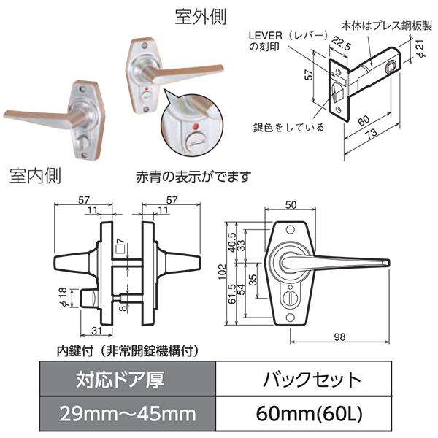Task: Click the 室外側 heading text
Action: [x=200, y=17]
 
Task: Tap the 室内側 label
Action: [x=35, y=176]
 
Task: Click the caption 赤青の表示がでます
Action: [x=193, y=177]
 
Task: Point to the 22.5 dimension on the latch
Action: [x=342, y=43]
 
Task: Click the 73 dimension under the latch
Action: [x=372, y=134]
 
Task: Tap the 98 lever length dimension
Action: [x=339, y=337]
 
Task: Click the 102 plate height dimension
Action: [x=222, y=272]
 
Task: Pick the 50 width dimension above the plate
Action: [x=291, y=205]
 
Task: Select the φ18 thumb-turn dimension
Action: [x=63, y=297]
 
